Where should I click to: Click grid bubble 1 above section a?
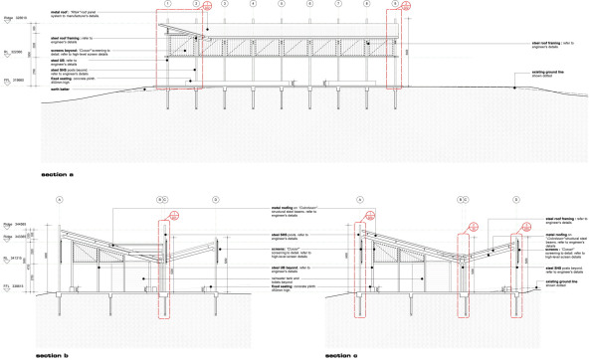pyautogui.click(x=169, y=5)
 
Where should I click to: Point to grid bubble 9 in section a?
pyautogui.click(x=396, y=5)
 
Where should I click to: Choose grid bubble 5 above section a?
pyautogui.click(x=282, y=5)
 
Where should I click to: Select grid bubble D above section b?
pyautogui.click(x=216, y=200)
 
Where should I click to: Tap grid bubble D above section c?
pyautogui.click(x=519, y=200)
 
